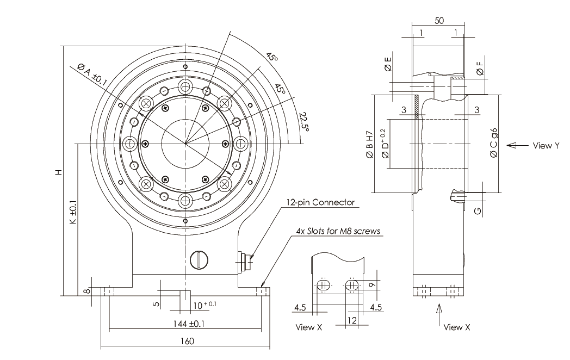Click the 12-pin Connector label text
click(321, 202)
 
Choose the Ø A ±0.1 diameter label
click(92, 73)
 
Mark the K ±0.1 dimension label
click(74, 215)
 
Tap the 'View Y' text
click(546, 145)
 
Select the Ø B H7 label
click(370, 144)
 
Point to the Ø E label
click(387, 65)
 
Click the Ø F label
click(479, 69)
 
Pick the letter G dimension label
click(477, 210)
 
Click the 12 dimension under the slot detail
click(351, 321)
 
